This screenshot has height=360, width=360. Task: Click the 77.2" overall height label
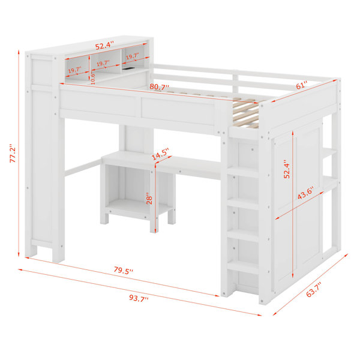tap(13, 154)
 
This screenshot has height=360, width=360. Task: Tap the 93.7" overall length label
tap(139, 298)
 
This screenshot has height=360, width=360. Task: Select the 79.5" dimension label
tap(124, 270)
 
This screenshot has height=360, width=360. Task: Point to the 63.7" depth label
tap(314, 290)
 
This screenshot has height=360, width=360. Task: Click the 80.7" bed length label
tap(159, 87)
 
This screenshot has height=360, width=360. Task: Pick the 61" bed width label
tap(301, 85)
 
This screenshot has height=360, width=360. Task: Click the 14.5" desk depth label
tap(160, 154)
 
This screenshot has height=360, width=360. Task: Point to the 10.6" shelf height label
tap(93, 77)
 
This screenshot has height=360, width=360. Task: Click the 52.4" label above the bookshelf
tap(104, 45)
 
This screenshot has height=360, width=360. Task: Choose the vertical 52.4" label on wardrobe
tap(287, 169)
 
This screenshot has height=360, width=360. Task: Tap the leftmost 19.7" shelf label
tap(74, 70)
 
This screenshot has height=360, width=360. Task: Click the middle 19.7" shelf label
tap(103, 63)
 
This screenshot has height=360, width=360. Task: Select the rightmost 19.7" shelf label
tap(132, 56)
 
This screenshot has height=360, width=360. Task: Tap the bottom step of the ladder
tap(242, 267)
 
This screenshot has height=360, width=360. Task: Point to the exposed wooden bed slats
tap(245, 111)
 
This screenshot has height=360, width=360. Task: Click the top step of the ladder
tap(242, 172)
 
